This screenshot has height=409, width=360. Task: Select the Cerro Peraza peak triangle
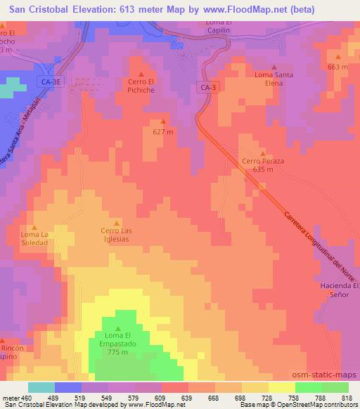click(263, 153)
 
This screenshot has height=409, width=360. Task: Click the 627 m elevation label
click(163, 131)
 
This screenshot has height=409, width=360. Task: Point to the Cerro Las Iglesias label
click(118, 234)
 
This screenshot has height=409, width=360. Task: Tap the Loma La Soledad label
click(34, 238)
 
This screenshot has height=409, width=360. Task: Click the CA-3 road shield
click(207, 87)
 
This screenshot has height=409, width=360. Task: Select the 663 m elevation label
click(337, 67)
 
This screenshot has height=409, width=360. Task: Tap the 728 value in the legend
click(266, 398)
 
